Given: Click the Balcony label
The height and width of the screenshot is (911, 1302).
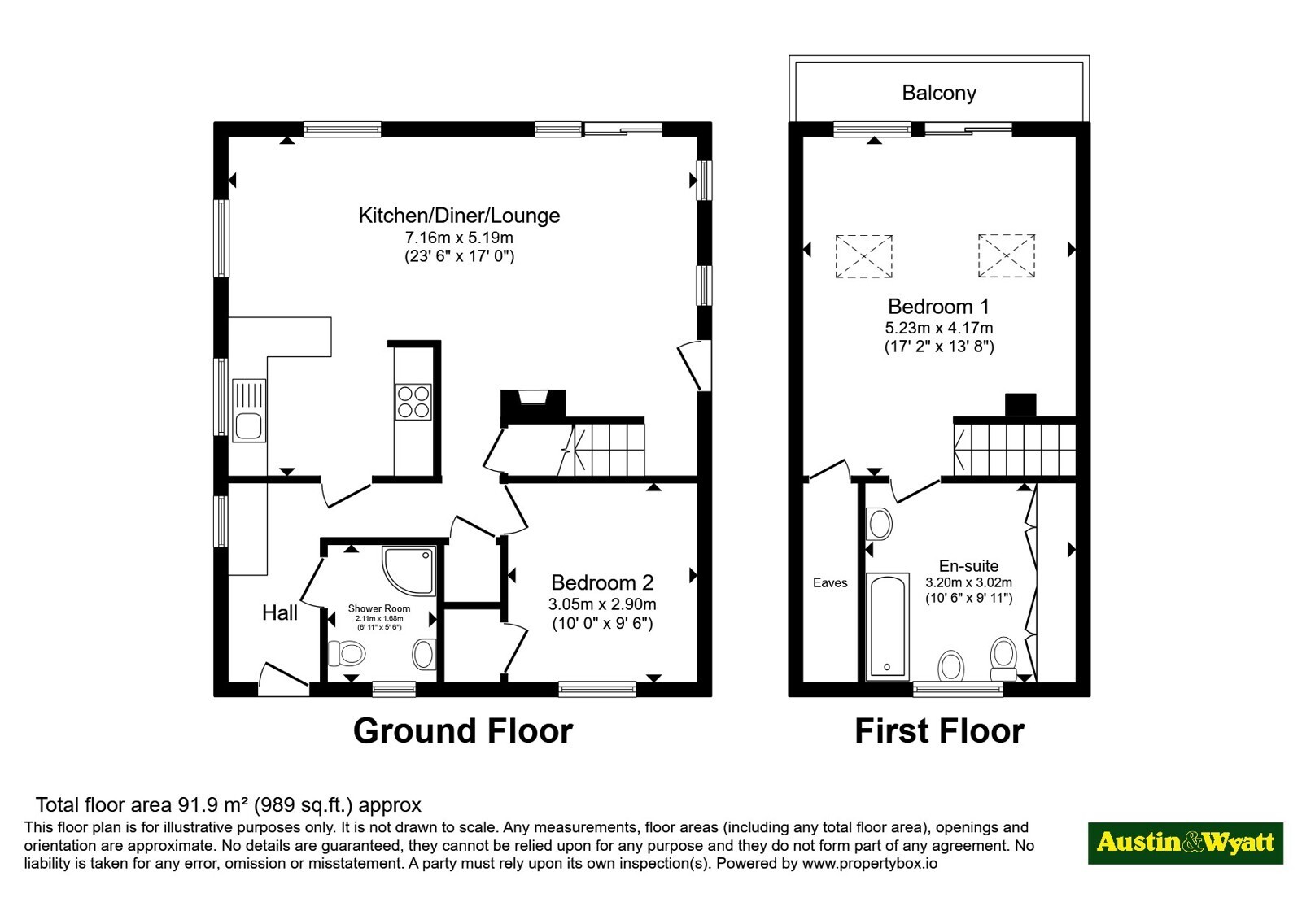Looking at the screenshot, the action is point(939,93).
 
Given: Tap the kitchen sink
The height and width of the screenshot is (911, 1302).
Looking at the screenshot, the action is point(249,410).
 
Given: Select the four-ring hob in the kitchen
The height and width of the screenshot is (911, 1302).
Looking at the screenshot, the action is point(413,402).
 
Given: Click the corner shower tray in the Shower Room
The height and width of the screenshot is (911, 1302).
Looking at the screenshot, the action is point(409,570).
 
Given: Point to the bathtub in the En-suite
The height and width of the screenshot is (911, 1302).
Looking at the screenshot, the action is point(887,625).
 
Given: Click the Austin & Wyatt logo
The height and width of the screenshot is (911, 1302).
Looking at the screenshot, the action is point(1185,843).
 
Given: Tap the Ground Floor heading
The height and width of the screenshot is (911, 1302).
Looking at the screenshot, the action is point(463,731).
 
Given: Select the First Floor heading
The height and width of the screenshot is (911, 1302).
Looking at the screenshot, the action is point(939,731).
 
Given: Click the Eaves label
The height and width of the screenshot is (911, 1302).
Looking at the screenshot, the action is point(830,582).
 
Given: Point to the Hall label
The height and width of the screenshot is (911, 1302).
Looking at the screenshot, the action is point(280,612).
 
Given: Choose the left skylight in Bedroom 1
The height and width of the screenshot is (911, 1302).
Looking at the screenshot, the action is point(863,256).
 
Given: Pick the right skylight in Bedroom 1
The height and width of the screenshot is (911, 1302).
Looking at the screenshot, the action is point(1006,255).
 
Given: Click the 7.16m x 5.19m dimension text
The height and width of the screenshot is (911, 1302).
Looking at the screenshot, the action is point(459,238).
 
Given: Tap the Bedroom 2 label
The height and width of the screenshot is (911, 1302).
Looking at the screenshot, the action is point(602,582).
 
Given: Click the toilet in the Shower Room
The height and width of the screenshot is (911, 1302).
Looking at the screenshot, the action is point(347,654).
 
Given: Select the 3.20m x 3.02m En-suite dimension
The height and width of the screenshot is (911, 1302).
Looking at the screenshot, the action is point(969,582).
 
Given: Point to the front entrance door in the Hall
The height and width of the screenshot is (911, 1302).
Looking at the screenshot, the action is point(283,679).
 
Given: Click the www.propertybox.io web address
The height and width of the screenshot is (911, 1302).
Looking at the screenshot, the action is point(870,863).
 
